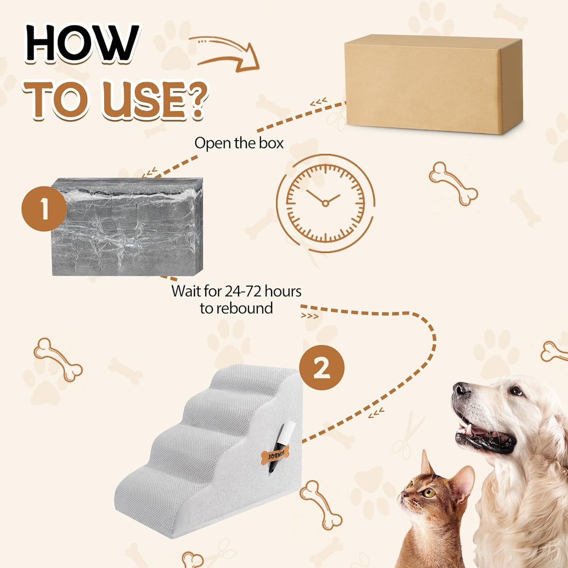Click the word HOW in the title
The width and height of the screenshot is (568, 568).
(82, 43)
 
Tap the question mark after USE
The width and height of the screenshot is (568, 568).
(195, 100)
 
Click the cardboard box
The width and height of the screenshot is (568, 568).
(432, 85)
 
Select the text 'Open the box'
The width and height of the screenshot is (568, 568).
(239, 143)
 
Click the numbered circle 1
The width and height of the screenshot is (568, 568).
(44, 209)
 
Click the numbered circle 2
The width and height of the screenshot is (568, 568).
(322, 368)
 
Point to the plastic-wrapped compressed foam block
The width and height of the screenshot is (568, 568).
(127, 227)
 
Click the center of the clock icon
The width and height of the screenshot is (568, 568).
(325, 203)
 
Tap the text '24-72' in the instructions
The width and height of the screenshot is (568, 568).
(243, 291)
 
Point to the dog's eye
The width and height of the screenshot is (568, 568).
(515, 391)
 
